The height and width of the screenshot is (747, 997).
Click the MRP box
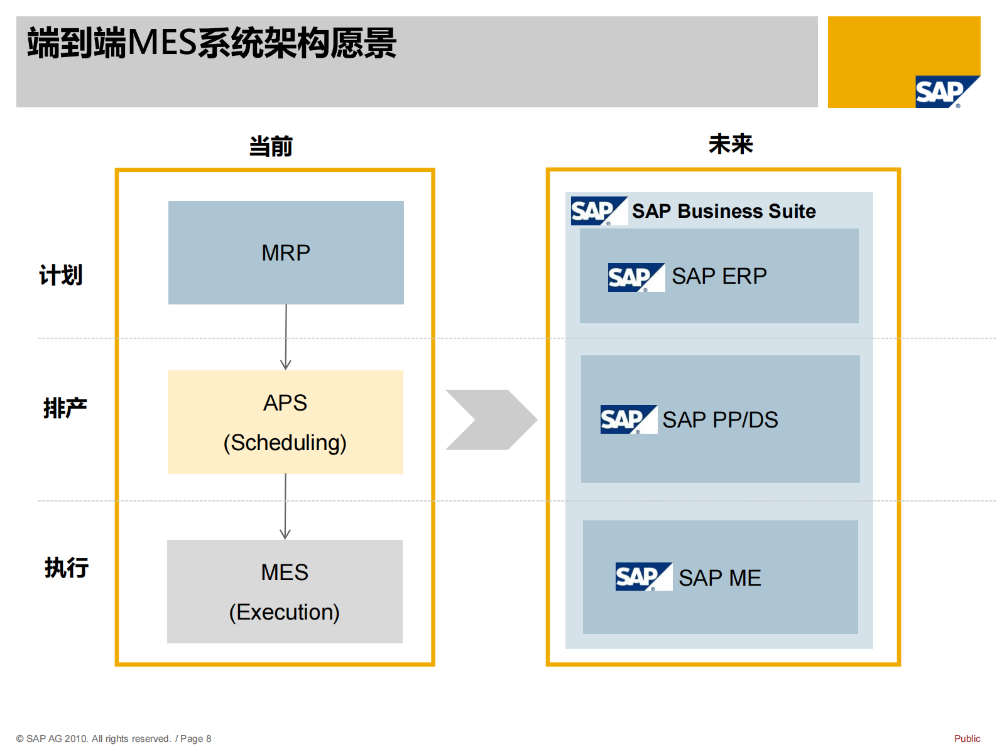(x=286, y=252)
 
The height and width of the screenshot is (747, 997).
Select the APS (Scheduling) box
(x=285, y=422)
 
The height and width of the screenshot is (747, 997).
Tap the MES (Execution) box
(x=285, y=591)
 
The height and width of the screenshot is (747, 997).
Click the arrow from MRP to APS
(x=286, y=338)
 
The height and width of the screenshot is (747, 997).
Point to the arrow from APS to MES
(x=285, y=507)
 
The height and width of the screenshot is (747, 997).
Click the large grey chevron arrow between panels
(x=491, y=420)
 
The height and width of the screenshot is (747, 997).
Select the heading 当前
(x=271, y=146)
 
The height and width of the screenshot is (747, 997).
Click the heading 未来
(x=730, y=144)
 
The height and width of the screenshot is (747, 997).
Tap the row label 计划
(x=61, y=275)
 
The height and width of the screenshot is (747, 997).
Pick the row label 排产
(x=65, y=408)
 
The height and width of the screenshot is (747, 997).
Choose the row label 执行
(x=66, y=567)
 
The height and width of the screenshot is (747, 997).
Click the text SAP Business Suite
(x=724, y=211)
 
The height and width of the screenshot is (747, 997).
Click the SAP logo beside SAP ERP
(x=635, y=277)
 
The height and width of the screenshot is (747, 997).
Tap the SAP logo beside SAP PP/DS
(x=628, y=419)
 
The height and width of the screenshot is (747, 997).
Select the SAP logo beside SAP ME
(x=643, y=576)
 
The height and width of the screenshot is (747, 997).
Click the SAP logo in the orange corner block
(x=945, y=92)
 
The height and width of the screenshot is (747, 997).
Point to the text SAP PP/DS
(x=720, y=419)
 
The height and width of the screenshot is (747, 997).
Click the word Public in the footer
(x=967, y=738)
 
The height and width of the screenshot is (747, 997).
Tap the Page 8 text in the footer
(x=195, y=739)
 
